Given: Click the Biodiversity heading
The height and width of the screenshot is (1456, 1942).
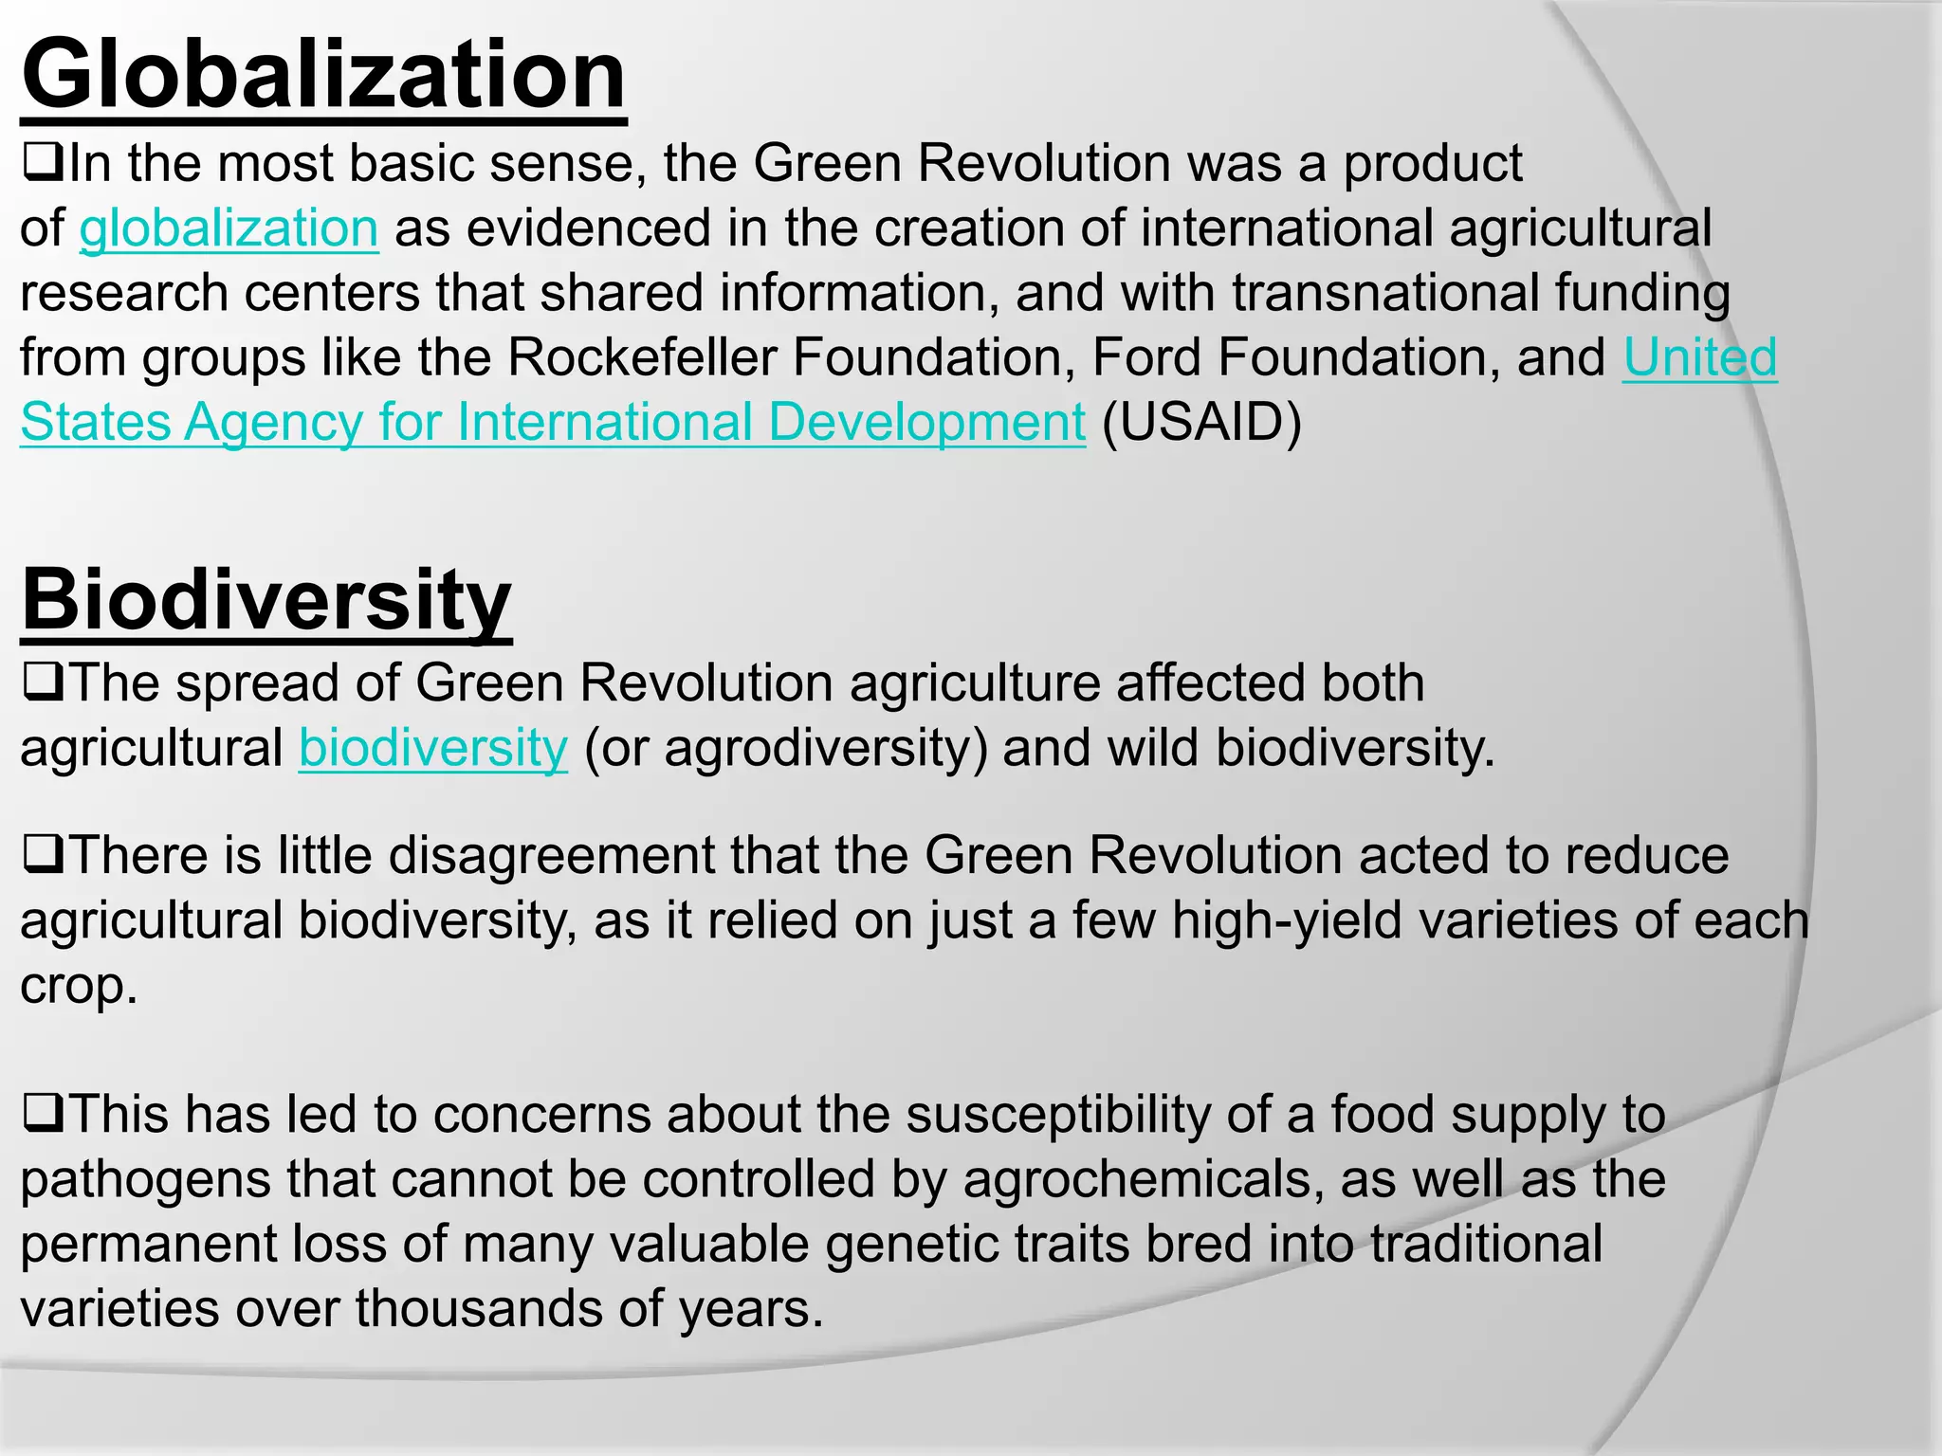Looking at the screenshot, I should (266, 600).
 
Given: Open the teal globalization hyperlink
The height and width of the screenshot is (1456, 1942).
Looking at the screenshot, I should (229, 229).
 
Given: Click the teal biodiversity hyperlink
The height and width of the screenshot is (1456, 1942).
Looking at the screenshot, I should (433, 749).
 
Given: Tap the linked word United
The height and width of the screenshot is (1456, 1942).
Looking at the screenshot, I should (1699, 358).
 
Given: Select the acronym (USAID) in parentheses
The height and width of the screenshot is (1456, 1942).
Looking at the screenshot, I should (1201, 423).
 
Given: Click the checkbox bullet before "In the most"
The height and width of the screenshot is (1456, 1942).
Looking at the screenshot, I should (43, 163).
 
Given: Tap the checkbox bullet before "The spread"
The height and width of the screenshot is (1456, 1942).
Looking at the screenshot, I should (43, 682).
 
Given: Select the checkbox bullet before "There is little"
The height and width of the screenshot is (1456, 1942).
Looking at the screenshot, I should (43, 855).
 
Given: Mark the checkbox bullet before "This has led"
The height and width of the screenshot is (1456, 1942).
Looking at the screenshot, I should (43, 1114).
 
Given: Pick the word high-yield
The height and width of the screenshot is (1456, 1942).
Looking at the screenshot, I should (1287, 921).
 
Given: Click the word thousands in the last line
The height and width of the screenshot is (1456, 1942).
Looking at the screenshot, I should (479, 1310).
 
